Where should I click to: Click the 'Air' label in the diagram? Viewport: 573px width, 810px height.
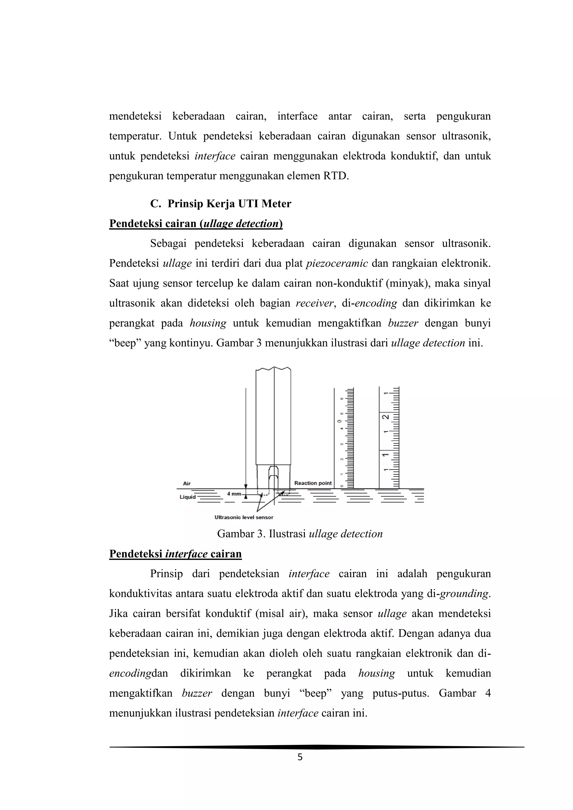tap(187, 483)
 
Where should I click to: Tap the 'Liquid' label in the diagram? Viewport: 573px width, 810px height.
tap(188, 497)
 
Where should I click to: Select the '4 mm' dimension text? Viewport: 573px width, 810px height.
tap(234, 494)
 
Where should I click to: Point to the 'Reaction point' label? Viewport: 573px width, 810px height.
tap(313, 483)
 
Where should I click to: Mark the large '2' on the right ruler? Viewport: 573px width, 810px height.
tap(386, 417)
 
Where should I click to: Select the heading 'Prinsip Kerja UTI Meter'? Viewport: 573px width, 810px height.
tap(229, 204)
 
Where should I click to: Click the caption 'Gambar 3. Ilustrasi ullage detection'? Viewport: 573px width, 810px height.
tap(300, 534)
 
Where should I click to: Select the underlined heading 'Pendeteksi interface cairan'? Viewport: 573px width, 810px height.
tap(175, 554)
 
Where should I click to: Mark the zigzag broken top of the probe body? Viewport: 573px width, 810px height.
tap(273, 369)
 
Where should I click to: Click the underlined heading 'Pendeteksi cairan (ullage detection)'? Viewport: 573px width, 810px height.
tap(196, 224)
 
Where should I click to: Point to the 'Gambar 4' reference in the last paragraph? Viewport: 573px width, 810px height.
tap(465, 693)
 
